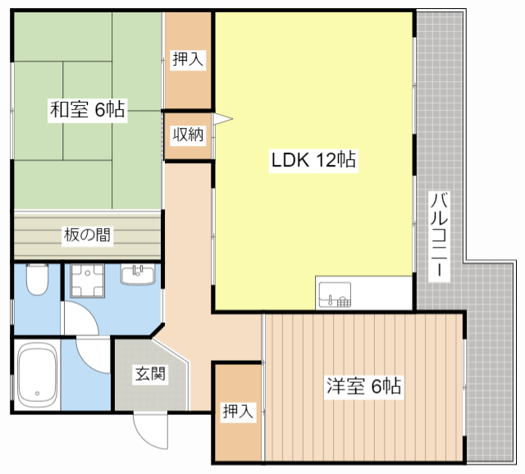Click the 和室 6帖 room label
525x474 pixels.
point(87,110)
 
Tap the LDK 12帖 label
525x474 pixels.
point(313,161)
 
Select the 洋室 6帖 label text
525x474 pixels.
point(363,386)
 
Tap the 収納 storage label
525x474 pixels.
point(187,134)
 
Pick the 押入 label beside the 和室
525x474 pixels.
point(188,58)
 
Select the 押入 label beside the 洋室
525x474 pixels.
point(238,412)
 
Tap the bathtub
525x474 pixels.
point(37,375)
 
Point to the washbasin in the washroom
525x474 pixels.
point(138,274)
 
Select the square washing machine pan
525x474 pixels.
point(87,282)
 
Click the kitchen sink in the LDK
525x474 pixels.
point(335,293)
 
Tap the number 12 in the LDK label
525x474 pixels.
point(324,161)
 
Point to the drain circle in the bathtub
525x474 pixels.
point(36,396)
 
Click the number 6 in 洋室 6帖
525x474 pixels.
point(374,386)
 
